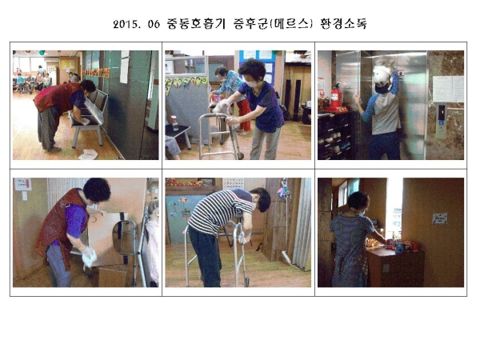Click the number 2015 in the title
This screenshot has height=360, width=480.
click(x=126, y=24)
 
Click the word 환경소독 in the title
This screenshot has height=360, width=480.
click(x=343, y=24)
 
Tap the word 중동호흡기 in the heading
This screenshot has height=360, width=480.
click(x=196, y=24)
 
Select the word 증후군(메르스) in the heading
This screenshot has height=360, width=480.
click(x=273, y=24)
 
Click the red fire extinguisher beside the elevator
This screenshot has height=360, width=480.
click(x=335, y=95)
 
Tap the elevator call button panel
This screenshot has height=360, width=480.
click(x=442, y=121)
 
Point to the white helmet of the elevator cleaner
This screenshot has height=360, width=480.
click(x=382, y=77)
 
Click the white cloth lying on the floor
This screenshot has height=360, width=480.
click(x=88, y=154)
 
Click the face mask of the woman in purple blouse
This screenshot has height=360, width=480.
click(x=252, y=84)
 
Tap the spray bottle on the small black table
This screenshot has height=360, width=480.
click(x=174, y=122)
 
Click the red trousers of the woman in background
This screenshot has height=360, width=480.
click(x=245, y=114)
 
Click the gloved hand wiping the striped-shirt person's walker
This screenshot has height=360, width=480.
click(x=243, y=238)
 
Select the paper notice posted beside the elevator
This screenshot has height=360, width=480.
click(x=448, y=89)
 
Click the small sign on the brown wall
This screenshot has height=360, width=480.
click(x=439, y=218)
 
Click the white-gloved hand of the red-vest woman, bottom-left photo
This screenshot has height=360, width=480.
click(x=89, y=256)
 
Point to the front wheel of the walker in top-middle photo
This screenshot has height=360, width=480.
click(x=241, y=156)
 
